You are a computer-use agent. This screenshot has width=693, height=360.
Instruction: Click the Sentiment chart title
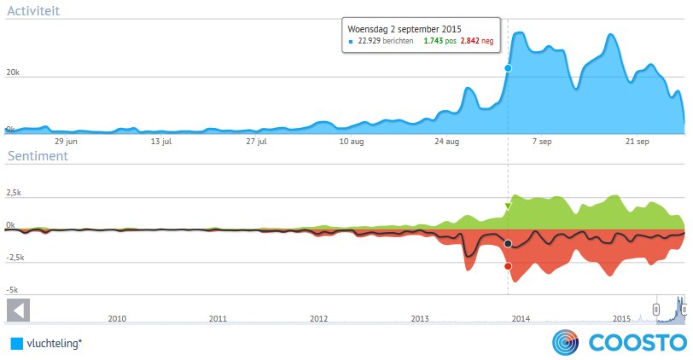[37, 156]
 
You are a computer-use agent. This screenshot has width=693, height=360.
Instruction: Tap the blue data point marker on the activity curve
[508, 68]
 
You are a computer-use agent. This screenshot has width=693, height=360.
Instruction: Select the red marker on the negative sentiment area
[508, 266]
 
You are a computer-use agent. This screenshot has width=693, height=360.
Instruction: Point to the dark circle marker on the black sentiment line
[508, 244]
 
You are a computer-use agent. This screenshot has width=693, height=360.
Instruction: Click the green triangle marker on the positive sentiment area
[508, 206]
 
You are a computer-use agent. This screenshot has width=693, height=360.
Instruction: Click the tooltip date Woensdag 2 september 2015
[399, 28]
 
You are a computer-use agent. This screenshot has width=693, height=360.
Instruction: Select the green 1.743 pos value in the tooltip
[439, 40]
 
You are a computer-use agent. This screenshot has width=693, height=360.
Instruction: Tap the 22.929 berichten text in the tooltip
[387, 40]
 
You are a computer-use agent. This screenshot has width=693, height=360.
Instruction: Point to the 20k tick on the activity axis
[13, 73]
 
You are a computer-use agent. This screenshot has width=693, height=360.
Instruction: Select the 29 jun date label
[67, 141]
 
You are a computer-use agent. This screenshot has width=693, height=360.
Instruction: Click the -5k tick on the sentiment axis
[12, 290]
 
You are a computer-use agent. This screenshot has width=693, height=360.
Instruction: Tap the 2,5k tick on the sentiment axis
[15, 193]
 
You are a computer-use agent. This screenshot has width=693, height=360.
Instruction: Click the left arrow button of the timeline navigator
[18, 309]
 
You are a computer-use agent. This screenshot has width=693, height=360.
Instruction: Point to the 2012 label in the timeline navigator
[318, 318]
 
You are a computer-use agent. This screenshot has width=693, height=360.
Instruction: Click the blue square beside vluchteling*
[16, 344]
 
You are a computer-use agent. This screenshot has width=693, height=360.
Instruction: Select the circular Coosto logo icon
[566, 342]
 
